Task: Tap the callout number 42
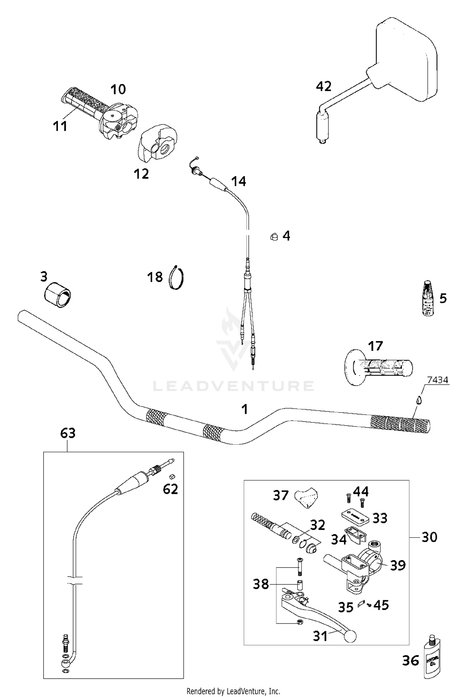tap(323, 87)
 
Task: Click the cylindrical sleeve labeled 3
tap(57, 295)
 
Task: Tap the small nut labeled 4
tap(274, 237)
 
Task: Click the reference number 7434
tap(437, 380)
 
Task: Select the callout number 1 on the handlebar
tap(245, 409)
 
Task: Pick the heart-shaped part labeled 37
tap(307, 497)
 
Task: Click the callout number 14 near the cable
tap(238, 181)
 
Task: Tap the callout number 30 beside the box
tap(429, 537)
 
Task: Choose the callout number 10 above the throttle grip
tap(118, 89)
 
